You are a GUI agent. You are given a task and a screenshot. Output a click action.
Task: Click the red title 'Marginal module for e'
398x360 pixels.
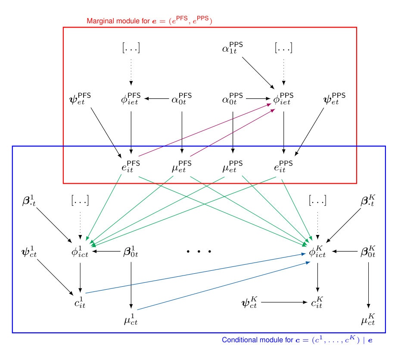pyautogui.click(x=149, y=21)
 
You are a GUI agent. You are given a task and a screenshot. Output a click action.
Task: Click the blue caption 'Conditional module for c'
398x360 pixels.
pyautogui.click(x=297, y=340)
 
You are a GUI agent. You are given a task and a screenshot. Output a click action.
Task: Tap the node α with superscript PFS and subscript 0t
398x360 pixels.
pyautogui.click(x=182, y=99)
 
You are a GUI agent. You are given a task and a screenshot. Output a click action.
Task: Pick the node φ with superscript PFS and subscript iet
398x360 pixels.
pyautogui.click(x=131, y=99)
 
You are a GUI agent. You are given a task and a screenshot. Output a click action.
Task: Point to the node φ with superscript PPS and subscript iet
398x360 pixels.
pyautogui.click(x=283, y=99)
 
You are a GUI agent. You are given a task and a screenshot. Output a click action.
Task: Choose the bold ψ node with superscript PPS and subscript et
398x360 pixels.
pyautogui.click(x=334, y=99)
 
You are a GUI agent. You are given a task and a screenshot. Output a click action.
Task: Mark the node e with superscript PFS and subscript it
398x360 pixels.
pyautogui.click(x=131, y=166)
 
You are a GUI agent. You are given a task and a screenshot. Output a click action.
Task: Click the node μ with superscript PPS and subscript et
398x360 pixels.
pyautogui.click(x=233, y=166)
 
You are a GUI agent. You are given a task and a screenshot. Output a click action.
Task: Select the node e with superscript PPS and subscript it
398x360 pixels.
pyautogui.click(x=283, y=166)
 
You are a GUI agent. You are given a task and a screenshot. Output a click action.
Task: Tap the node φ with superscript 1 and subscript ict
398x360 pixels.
pyautogui.click(x=80, y=252)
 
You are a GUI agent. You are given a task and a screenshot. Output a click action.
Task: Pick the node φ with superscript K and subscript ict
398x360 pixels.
pyautogui.click(x=317, y=252)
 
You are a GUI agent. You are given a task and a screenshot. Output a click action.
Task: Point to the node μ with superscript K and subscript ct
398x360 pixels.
pyautogui.click(x=368, y=319)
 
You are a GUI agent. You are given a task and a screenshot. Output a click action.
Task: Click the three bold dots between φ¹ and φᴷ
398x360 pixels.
pyautogui.click(x=199, y=251)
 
